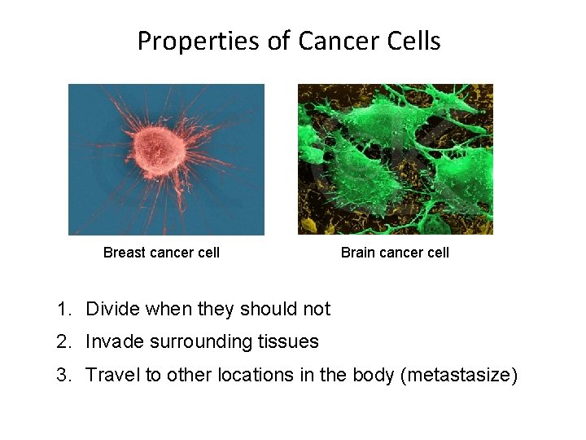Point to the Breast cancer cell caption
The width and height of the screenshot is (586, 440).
(x=161, y=253)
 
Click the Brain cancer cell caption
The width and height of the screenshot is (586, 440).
(x=395, y=253)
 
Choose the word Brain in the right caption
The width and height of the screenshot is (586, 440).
(x=358, y=253)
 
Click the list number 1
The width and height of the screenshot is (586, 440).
(x=63, y=310)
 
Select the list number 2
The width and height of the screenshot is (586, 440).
(x=63, y=342)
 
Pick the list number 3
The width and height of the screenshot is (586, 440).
(x=63, y=376)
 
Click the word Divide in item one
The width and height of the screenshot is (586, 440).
(x=112, y=310)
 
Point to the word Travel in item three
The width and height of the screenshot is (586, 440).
(x=112, y=376)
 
